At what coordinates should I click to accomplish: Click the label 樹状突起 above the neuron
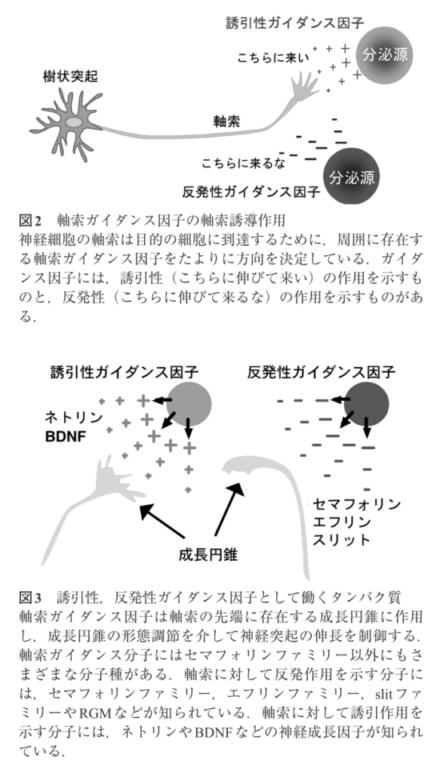(70, 77)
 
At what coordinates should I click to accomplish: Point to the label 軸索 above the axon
(226, 121)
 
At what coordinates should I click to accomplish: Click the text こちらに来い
(273, 58)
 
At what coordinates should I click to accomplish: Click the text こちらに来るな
(244, 163)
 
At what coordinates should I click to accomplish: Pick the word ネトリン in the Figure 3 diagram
(73, 417)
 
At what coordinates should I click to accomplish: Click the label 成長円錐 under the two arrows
(208, 555)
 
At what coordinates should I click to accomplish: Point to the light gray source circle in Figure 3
(189, 405)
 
